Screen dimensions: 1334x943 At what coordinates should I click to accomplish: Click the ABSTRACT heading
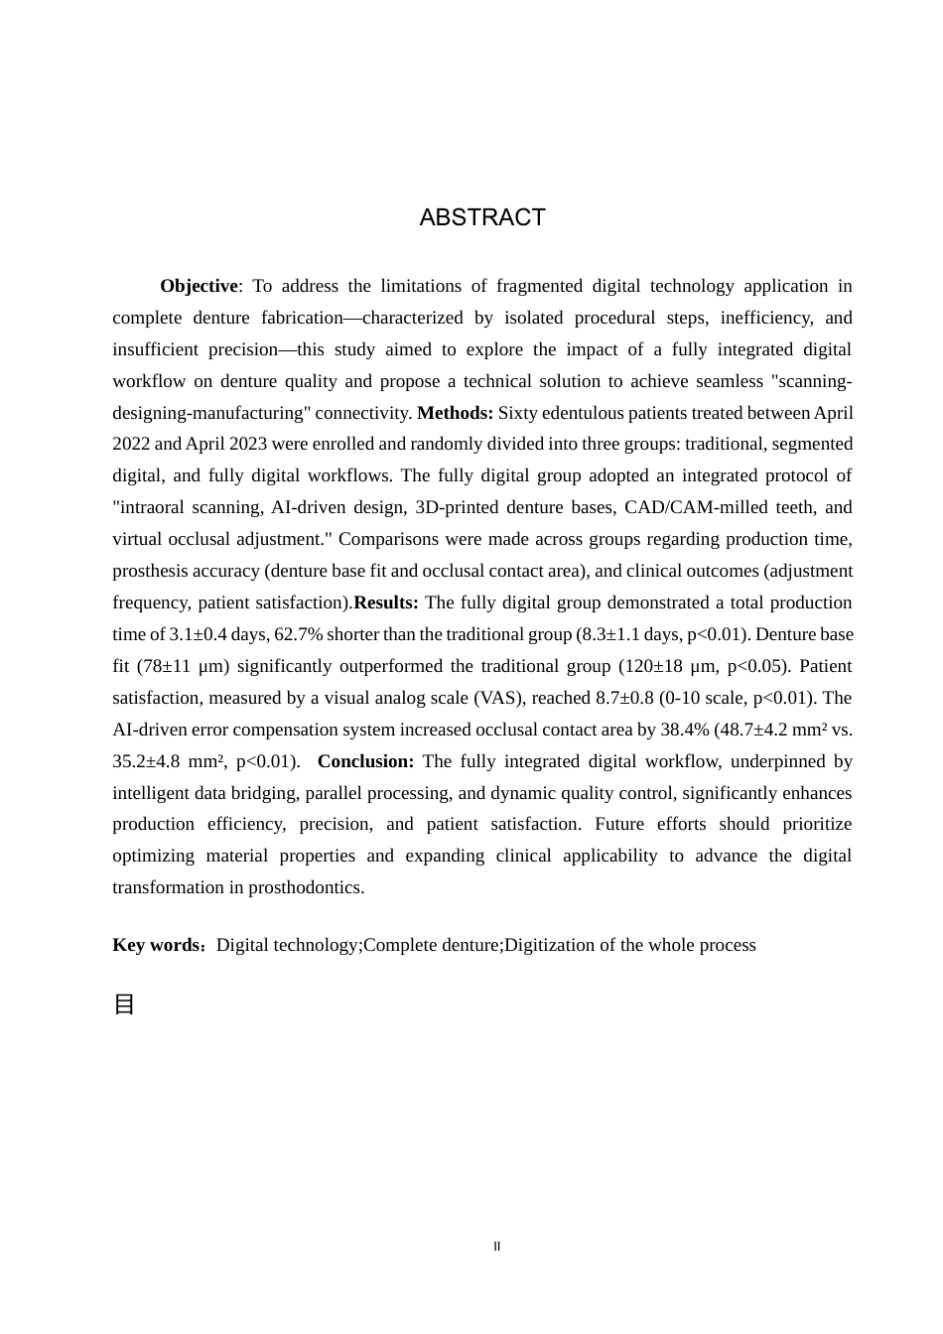point(482,217)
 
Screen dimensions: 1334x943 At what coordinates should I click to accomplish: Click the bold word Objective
point(199,286)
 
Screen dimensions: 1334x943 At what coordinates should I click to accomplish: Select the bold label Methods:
point(455,413)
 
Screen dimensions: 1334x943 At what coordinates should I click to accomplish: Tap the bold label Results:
point(386,602)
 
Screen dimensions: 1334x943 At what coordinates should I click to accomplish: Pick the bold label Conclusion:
point(365,761)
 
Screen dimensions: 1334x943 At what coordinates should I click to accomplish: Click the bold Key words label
point(157,945)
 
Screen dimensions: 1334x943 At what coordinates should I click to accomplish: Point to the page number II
point(497,1247)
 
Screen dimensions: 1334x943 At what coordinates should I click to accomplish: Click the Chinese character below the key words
point(124,1004)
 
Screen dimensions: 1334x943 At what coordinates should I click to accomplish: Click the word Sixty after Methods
point(519,413)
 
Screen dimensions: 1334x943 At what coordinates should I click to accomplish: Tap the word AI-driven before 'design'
point(303,507)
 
